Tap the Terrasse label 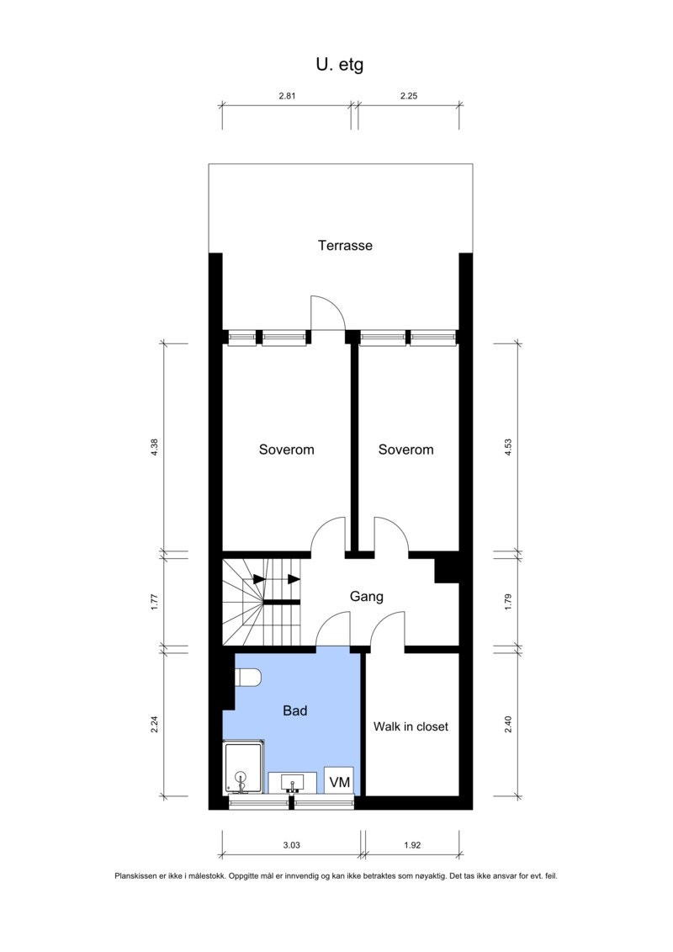coord(345,246)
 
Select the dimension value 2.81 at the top coord(288,96)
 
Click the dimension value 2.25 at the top coord(408,96)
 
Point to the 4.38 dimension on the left coord(154,448)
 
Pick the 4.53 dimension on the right coord(507,448)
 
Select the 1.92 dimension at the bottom coord(411,843)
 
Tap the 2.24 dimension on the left coord(154,723)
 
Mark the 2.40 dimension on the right coord(507,723)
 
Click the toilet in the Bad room coord(249,678)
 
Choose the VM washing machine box coord(339,781)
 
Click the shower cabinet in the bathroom coord(244,767)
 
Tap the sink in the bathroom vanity coord(293,783)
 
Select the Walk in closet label coord(411,726)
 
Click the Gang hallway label coord(366,597)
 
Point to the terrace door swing coord(327,314)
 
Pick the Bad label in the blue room coord(294,710)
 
